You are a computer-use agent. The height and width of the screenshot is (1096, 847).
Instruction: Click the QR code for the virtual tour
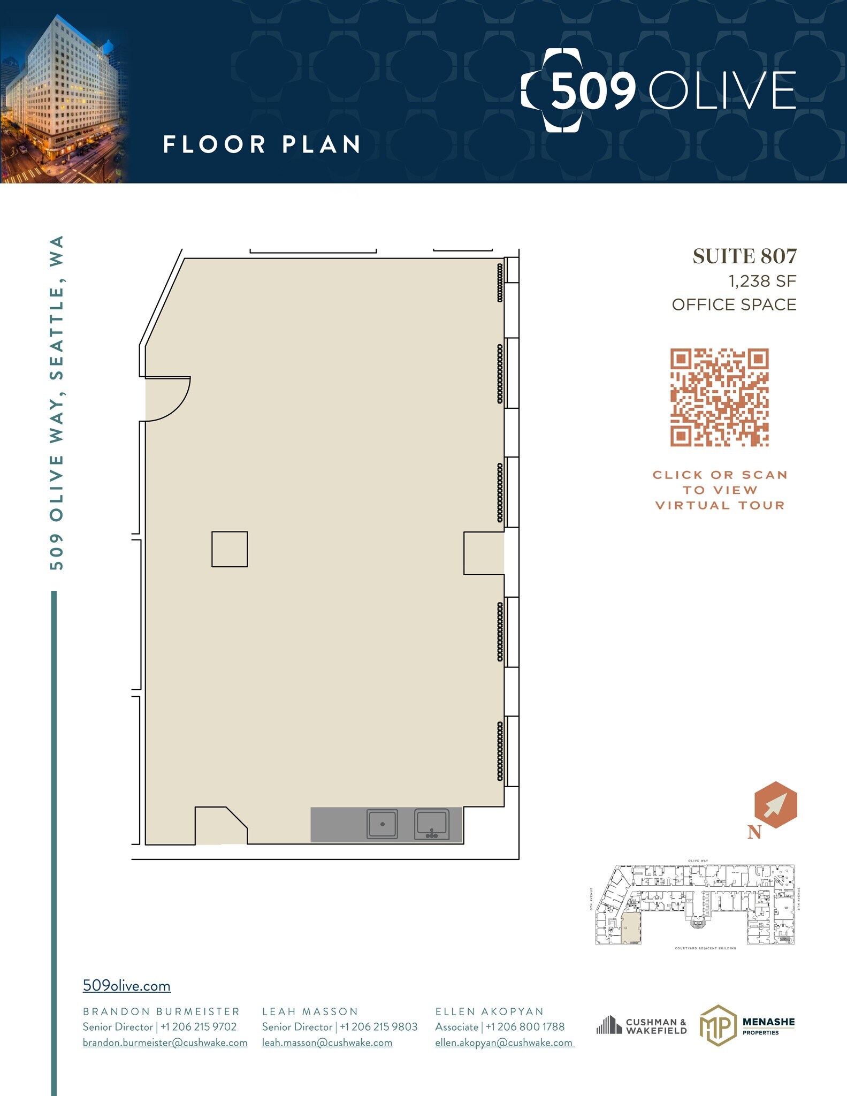(x=719, y=398)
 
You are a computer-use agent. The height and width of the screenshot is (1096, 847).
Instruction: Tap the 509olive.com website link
(x=126, y=986)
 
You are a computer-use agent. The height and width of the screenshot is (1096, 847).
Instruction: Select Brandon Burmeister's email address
(x=165, y=1042)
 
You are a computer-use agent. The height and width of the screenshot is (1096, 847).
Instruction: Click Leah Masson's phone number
(x=378, y=1027)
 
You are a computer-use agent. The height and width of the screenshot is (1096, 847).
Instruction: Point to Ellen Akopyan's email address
(x=504, y=1042)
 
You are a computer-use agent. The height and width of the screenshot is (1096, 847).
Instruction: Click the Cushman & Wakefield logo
(x=642, y=1026)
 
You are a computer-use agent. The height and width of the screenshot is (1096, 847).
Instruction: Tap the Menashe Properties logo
(x=747, y=1025)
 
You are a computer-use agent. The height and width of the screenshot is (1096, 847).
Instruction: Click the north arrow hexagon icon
(x=775, y=805)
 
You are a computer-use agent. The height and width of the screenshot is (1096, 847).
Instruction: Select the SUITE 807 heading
(x=744, y=256)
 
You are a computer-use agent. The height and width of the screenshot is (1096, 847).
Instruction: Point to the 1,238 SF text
(x=762, y=281)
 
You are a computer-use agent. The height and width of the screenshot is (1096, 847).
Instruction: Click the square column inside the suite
(x=230, y=549)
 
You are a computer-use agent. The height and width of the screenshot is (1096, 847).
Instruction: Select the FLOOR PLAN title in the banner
(x=261, y=144)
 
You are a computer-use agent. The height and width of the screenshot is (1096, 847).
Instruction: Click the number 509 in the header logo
(x=593, y=91)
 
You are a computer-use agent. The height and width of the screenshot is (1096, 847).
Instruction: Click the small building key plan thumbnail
(x=694, y=904)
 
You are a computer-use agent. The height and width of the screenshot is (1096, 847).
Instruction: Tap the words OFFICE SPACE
(x=734, y=305)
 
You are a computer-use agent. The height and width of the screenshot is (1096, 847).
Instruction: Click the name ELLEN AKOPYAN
(x=489, y=1011)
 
